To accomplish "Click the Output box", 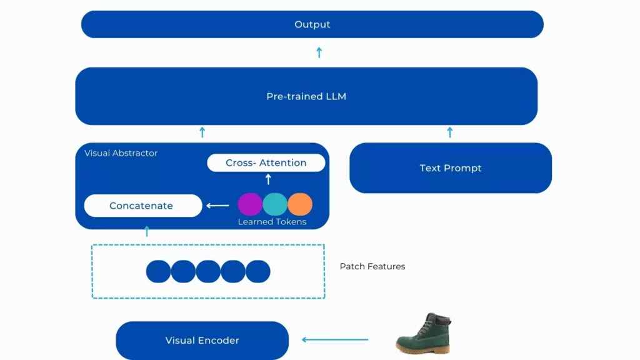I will click(312, 24).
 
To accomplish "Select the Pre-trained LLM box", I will click(306, 96).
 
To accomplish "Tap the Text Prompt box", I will click(450, 168).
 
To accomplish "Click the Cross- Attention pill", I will click(266, 163).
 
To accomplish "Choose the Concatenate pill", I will click(142, 206).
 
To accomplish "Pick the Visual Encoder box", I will click(202, 341).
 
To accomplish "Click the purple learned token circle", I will click(250, 204).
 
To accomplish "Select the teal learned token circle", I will click(275, 204).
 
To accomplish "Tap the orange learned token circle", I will click(300, 204).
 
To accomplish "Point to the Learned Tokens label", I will click(272, 222).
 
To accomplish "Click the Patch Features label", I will click(372, 266).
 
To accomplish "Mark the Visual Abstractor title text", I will click(121, 153).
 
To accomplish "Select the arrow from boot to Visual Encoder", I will click(335, 340).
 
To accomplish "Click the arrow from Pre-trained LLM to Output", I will click(319, 52).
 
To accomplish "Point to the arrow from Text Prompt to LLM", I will click(450, 132).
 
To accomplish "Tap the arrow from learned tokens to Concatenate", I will click(218, 205).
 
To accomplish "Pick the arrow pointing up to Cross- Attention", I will click(268, 179).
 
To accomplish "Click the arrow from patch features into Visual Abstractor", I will click(147, 231).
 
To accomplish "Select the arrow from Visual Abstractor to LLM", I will click(202, 132).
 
